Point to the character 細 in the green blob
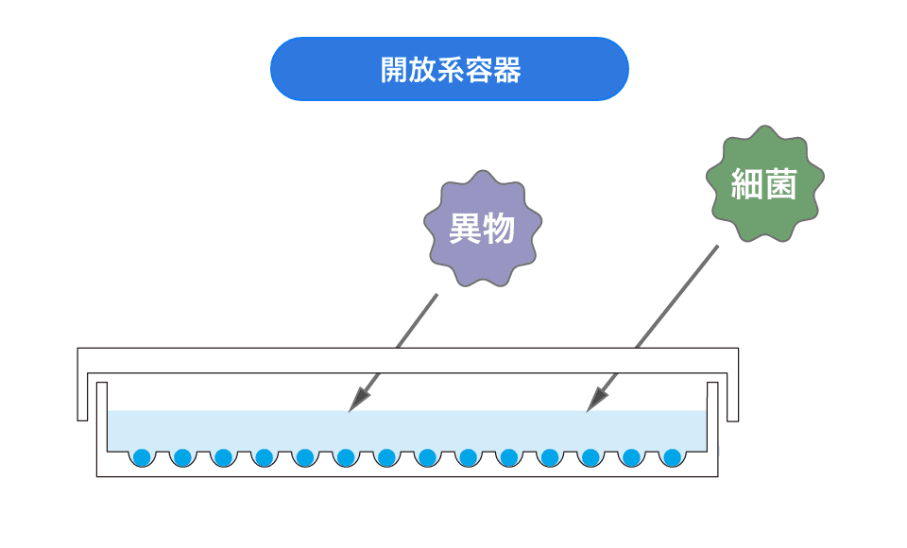click(x=747, y=184)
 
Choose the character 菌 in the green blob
click(x=780, y=184)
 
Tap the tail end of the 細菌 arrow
click(x=717, y=247)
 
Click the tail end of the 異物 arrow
click(x=436, y=295)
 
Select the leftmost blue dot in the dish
click(x=143, y=457)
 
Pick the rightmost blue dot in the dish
click(x=672, y=457)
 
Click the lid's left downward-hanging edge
click(x=82, y=397)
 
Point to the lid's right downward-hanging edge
click(x=732, y=397)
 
